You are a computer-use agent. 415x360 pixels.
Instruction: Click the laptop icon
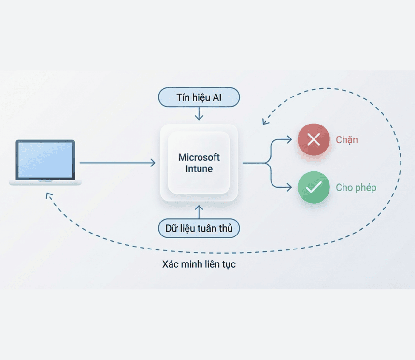tap(45, 163)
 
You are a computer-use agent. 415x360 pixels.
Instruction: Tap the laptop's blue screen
tap(45, 159)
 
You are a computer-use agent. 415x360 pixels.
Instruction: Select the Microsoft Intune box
tap(199, 163)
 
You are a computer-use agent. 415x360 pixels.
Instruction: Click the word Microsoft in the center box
tap(199, 157)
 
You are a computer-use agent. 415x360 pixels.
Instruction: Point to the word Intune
tap(199, 169)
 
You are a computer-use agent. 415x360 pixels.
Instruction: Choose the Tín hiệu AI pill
tap(199, 97)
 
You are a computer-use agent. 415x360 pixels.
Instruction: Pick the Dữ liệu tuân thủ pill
tap(199, 228)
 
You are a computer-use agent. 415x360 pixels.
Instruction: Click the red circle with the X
tap(314, 140)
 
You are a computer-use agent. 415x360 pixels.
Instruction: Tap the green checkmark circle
tap(314, 187)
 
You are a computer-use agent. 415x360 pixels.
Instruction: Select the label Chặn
tap(347, 140)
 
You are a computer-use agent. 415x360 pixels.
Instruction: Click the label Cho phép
tap(356, 187)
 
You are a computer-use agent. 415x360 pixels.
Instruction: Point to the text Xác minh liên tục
tap(199, 264)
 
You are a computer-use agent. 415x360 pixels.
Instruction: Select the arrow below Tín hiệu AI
tap(199, 114)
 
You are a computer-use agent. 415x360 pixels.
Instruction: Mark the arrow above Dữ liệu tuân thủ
tap(199, 211)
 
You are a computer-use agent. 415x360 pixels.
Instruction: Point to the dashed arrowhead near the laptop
tap(48, 195)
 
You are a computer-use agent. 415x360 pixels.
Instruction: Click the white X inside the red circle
tap(314, 140)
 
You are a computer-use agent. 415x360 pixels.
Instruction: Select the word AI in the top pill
tap(217, 97)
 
